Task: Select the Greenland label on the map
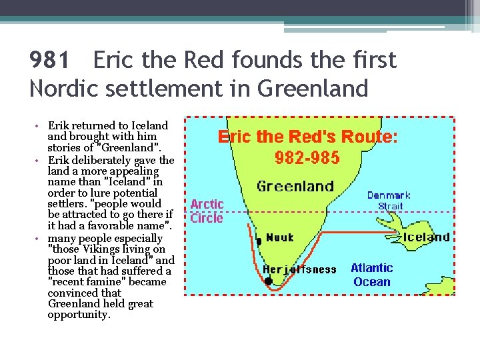tap(295, 186)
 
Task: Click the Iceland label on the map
tap(427, 236)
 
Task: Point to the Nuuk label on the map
tap(279, 237)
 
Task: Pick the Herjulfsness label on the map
tap(299, 269)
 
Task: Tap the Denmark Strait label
tap(390, 201)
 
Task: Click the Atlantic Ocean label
tap(371, 275)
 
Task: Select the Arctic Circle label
tap(207, 211)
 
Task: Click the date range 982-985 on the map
tap(307, 158)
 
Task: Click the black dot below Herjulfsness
tap(268, 281)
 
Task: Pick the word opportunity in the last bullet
tap(78, 315)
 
